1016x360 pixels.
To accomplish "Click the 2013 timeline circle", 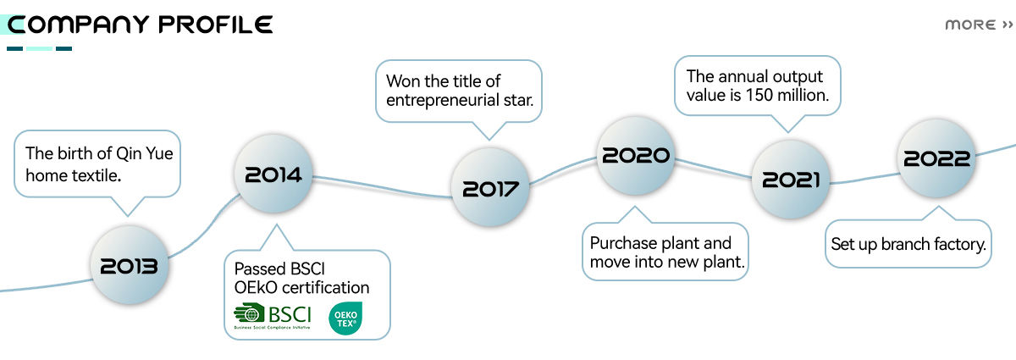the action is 129,266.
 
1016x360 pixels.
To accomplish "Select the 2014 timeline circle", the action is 273,175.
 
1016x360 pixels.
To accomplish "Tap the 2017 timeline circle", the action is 490,187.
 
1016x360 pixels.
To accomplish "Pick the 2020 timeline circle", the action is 635,155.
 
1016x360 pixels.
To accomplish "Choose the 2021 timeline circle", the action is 790,179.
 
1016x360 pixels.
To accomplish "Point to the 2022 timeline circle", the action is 935,158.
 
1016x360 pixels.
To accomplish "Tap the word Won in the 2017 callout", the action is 402,81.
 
